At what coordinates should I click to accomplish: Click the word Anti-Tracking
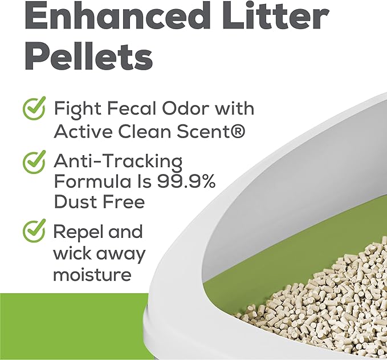tap(118, 161)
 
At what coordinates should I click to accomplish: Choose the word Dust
tap(76, 201)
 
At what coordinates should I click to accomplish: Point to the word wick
tap(71, 253)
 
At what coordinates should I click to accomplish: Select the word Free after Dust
tap(124, 201)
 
